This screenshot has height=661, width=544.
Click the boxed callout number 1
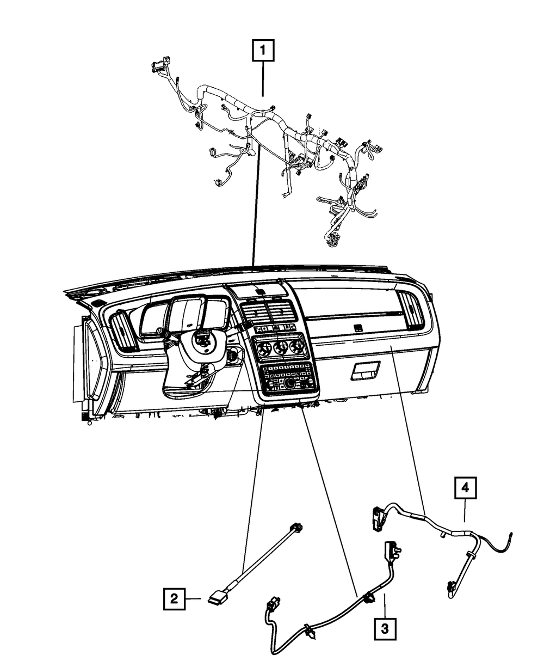coord(263,50)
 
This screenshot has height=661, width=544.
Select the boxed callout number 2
coord(174,598)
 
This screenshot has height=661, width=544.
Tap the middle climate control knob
coord(281,348)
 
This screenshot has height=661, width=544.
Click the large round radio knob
coord(289,383)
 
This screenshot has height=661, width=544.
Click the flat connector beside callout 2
coord(218,599)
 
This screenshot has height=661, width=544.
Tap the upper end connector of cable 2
coord(296,527)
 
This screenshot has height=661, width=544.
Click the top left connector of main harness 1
coord(160,65)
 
